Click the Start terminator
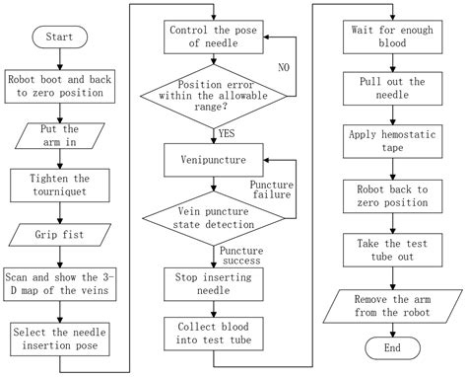[60, 37]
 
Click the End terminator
[392, 348]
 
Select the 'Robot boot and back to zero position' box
[60, 86]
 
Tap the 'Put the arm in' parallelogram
[60, 135]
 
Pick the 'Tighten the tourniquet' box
[60, 186]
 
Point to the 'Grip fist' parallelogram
[60, 235]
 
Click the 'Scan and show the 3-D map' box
[60, 284]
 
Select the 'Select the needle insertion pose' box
[60, 339]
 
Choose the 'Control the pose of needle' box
[214, 37]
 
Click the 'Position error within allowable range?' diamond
[214, 97]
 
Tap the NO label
[284, 67]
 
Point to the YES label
[227, 133]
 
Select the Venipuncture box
[214, 160]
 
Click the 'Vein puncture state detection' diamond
[214, 218]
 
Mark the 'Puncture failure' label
[272, 189]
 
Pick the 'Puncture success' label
[241, 256]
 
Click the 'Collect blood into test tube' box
[214, 334]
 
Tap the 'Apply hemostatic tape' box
[392, 141]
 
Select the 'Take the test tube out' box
[392, 250]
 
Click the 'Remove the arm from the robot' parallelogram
[392, 306]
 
